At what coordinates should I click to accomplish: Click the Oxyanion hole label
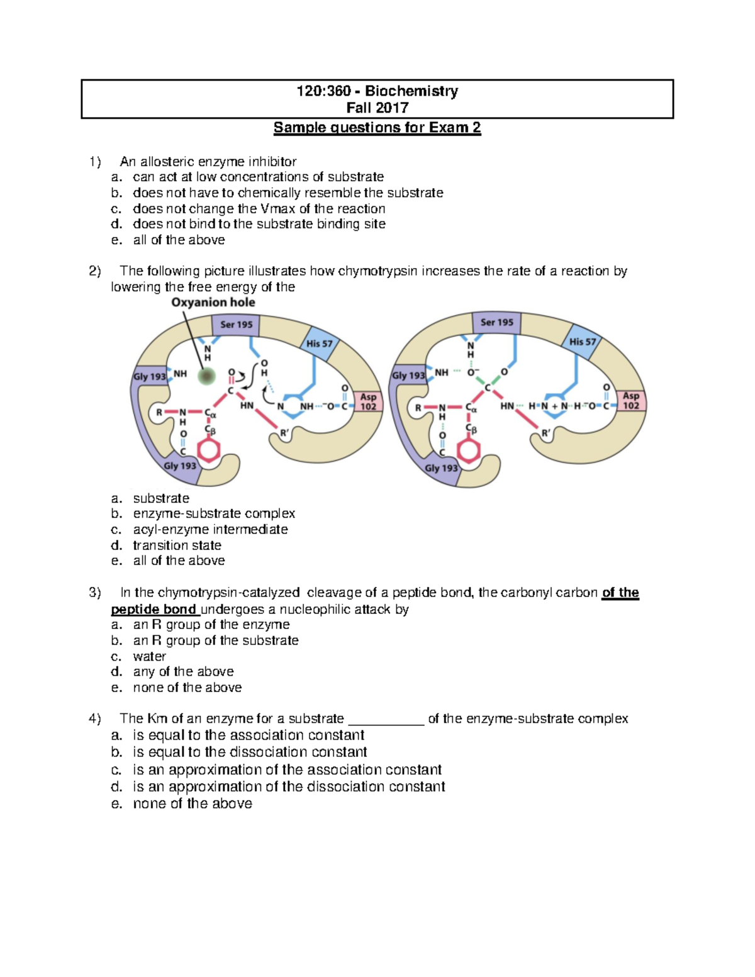point(213,303)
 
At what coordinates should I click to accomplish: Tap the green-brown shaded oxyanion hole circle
point(206,376)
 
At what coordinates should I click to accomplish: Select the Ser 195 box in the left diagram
point(236,325)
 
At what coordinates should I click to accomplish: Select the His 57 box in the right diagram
point(582,342)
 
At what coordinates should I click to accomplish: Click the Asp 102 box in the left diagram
point(368,401)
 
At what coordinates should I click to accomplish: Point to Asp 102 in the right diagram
point(631,401)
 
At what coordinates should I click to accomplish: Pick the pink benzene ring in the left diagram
point(209,450)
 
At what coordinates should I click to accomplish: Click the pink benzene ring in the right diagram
point(469,450)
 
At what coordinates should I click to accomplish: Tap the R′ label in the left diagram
point(284,433)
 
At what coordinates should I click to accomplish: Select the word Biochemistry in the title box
point(411,91)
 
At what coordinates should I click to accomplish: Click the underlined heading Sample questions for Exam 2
point(377,128)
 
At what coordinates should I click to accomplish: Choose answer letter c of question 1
point(116,209)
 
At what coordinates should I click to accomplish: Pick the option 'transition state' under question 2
point(177,545)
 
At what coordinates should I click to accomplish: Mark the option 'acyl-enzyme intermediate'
point(210,530)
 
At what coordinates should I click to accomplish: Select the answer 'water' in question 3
point(149,656)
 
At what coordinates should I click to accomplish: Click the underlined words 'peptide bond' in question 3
point(154,610)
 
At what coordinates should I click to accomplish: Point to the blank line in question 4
point(386,722)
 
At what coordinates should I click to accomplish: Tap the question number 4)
point(95,718)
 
